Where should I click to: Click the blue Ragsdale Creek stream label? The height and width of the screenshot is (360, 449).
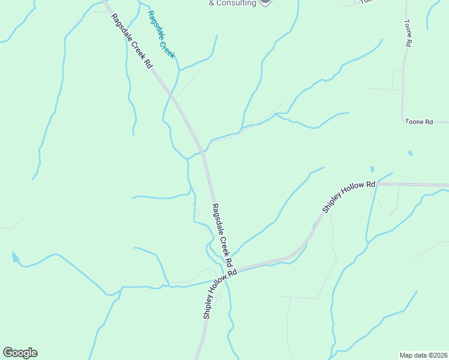pos(161,34)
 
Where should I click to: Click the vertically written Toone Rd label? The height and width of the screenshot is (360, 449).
pos(408,33)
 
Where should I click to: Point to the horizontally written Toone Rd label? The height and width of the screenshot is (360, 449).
pos(418,122)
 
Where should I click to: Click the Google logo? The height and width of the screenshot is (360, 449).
pos(20,353)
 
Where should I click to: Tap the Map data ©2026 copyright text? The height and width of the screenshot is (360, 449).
pos(423,355)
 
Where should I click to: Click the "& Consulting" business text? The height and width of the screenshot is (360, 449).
pos(232,3)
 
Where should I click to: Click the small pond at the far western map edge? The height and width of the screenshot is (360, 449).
pos(15,259)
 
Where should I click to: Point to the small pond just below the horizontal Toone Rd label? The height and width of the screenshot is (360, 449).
pos(411,153)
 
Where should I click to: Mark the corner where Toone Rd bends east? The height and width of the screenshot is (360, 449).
pos(403,119)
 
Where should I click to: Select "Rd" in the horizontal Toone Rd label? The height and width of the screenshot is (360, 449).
pos(428,122)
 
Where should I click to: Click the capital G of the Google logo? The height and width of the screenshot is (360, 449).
pos(8,353)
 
